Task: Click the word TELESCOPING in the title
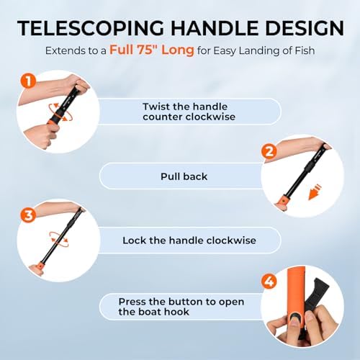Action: pos(91,28)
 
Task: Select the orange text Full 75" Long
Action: pos(152,50)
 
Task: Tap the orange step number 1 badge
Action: pos(28,81)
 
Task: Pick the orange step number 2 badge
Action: pos(269,151)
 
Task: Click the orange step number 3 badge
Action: pos(28,215)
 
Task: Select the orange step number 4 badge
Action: pos(269,282)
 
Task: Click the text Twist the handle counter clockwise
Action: pos(189,112)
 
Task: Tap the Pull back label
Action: pos(184,176)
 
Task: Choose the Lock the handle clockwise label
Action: pos(189,240)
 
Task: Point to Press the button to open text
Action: pos(181,302)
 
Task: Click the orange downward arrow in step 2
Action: pos(314,192)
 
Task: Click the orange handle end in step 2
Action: pos(284,202)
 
